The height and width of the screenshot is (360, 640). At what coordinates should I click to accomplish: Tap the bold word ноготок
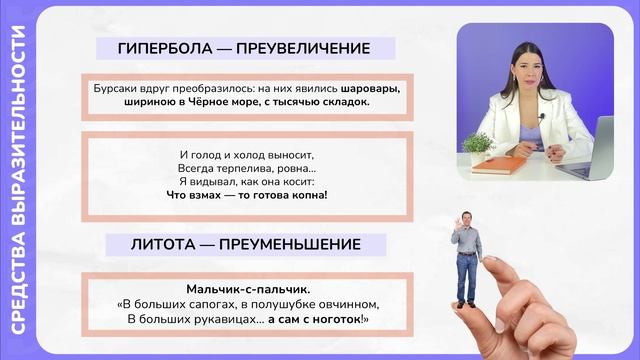click(341, 318)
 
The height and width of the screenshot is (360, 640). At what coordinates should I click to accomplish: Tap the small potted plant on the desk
click(478, 148)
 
